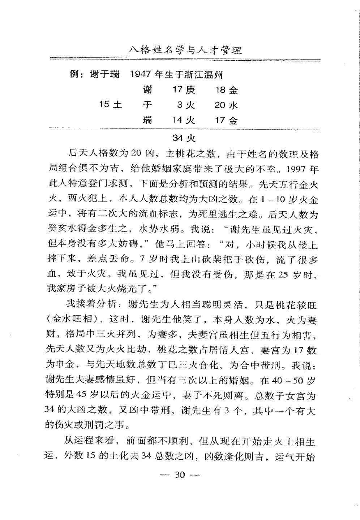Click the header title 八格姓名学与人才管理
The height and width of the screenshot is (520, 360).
click(x=185, y=49)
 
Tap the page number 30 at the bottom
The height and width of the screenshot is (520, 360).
click(x=180, y=474)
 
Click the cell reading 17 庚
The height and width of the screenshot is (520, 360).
click(x=183, y=90)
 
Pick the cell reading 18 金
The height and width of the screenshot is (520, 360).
click(x=226, y=90)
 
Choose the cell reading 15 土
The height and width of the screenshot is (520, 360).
click(x=110, y=105)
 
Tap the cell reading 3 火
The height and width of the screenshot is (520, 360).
click(x=186, y=105)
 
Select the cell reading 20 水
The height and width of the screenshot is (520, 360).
click(x=226, y=105)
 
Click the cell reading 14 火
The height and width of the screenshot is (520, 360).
click(x=183, y=120)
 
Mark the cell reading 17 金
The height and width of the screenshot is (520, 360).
click(x=226, y=120)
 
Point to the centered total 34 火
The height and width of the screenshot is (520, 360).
click(x=184, y=138)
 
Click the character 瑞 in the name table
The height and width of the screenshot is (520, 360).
click(x=147, y=120)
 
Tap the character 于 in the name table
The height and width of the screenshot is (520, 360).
click(x=147, y=105)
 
